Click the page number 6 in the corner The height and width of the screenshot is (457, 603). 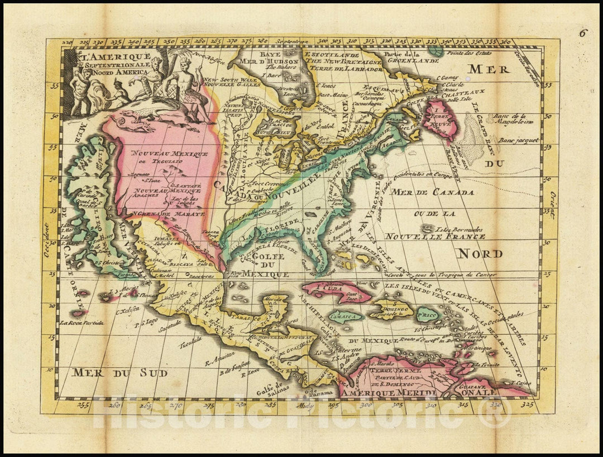click(x=583, y=32)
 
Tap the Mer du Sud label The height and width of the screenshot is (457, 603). click(x=118, y=372)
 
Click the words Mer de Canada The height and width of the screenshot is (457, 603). click(x=433, y=193)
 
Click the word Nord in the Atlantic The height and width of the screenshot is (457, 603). click(x=479, y=254)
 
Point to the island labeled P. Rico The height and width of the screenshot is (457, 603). click(x=427, y=315)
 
